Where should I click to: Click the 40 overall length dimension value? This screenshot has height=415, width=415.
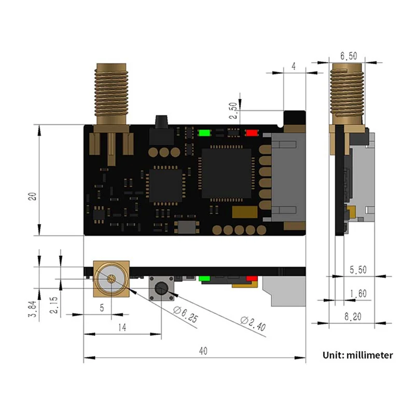202,351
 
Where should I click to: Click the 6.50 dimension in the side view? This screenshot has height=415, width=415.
349,56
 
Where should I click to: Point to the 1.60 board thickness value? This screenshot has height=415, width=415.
356,294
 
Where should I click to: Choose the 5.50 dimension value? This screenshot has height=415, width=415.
356,270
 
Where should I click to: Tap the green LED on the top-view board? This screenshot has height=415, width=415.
204,132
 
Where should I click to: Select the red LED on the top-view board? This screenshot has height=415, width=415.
252,132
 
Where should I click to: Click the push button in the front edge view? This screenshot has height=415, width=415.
161,288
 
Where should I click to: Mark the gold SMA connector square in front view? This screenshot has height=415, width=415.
110,278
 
